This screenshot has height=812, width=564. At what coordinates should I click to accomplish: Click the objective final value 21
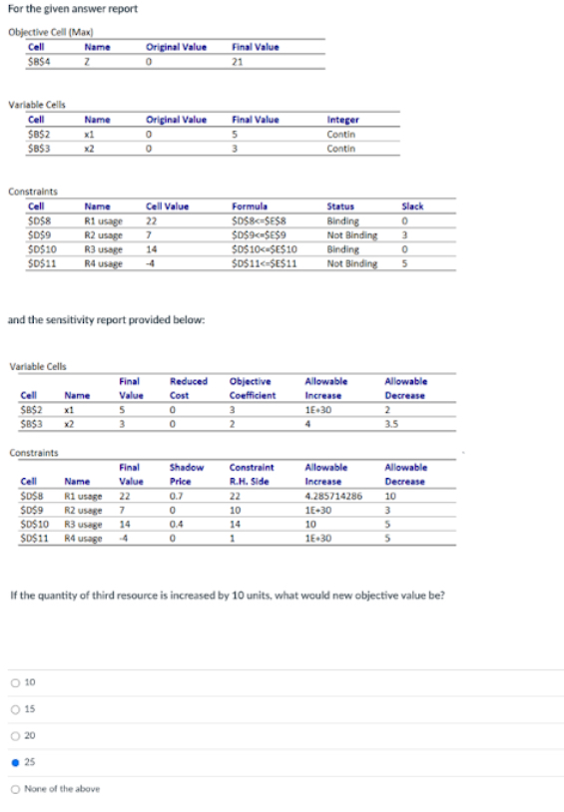tap(238, 60)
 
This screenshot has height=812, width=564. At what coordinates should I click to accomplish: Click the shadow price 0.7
tap(176, 493)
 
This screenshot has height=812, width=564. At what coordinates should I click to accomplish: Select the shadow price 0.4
tap(176, 522)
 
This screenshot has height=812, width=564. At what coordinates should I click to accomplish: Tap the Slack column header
tap(411, 205)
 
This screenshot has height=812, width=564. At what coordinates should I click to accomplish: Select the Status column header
tap(340, 205)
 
